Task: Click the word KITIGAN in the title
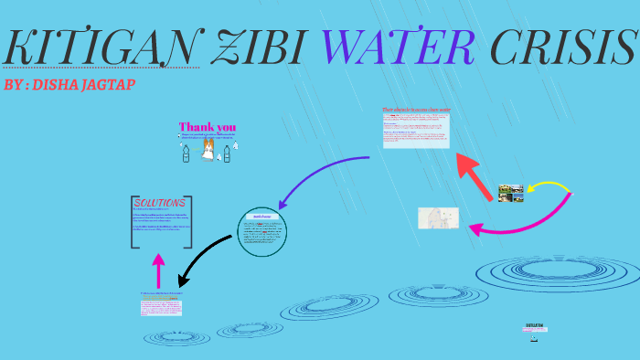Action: pos(101,48)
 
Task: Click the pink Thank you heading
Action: pos(208,127)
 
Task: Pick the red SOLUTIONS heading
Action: pos(161,203)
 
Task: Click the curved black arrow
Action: pos(206,255)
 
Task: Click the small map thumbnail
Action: pos(438,217)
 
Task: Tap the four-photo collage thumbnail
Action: pos(511,193)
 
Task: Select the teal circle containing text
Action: pos(263,232)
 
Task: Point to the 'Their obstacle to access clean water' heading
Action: pos(416,111)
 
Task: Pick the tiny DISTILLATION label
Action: pos(536,325)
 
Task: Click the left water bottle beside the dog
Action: pos(186,153)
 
